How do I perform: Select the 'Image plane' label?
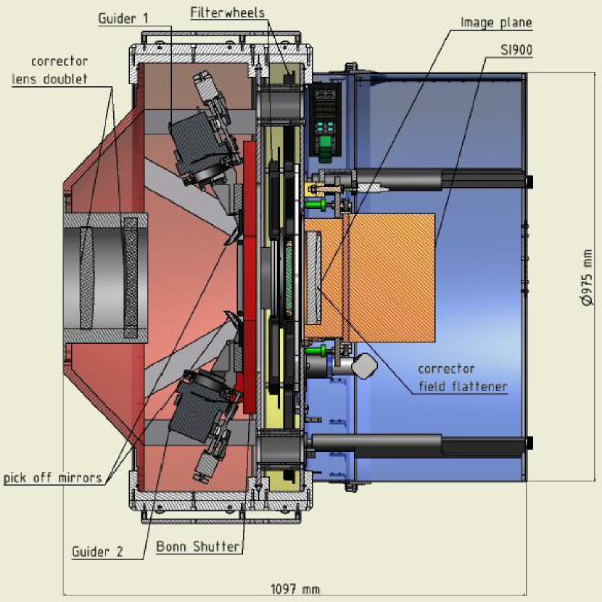[496, 22]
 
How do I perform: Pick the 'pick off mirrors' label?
[51, 478]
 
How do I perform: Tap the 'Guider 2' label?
[97, 551]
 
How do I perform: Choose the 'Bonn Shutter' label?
[198, 547]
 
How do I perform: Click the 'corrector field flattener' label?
[462, 378]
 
